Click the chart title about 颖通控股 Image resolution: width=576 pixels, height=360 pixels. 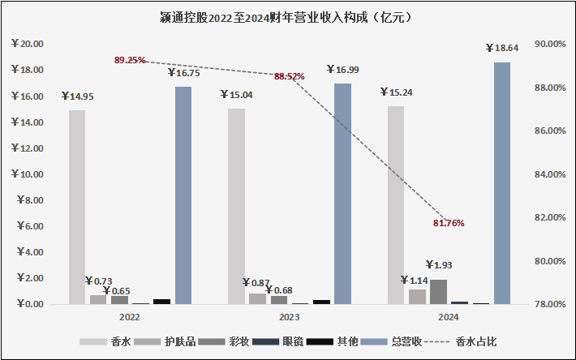coord(287,17)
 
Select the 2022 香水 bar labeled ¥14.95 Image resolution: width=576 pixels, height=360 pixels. coord(77,207)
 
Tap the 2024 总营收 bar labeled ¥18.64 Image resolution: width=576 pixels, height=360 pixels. coord(502,183)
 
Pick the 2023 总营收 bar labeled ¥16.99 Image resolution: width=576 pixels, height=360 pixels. coord(343,194)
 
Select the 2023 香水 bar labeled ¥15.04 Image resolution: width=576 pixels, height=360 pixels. coord(236,206)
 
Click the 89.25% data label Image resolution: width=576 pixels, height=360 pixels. coord(131,60)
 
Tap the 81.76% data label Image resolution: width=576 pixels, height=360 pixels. coord(448,223)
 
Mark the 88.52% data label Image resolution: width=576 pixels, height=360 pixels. coord(290,76)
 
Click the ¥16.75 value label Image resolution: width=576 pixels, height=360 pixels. coord(183,74)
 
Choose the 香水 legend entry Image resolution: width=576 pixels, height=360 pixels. coord(111,341)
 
